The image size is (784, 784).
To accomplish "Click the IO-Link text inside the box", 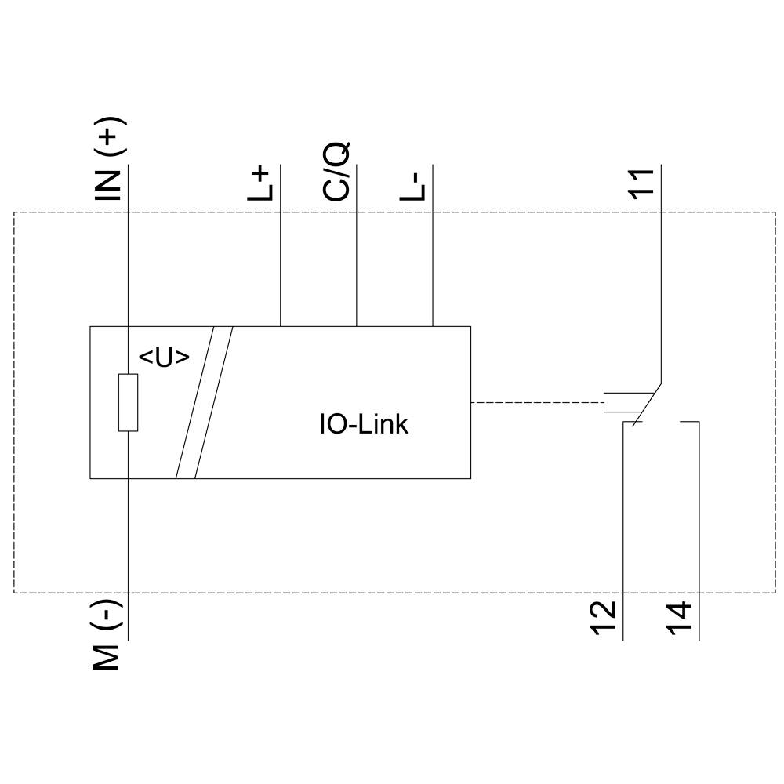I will click(x=363, y=425).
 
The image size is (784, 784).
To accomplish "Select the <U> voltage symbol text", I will click(x=164, y=358).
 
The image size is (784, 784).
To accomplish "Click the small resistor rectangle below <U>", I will click(x=128, y=402).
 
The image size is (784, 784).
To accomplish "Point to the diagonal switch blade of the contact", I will click(x=648, y=403).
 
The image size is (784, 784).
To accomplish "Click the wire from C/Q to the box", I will click(x=357, y=267).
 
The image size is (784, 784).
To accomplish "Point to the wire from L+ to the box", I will click(x=281, y=267).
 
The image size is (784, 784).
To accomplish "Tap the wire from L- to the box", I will click(x=433, y=267).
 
